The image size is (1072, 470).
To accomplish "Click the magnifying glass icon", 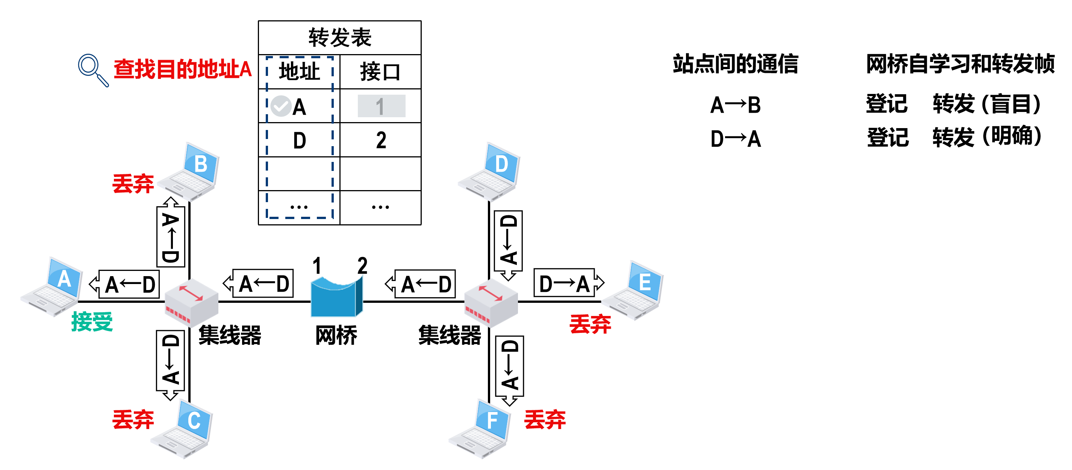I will coord(92,70).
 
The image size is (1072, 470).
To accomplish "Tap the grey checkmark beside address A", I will coord(280,106).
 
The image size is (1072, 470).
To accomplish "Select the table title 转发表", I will coord(339,38).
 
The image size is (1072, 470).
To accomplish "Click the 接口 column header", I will coord(380,71).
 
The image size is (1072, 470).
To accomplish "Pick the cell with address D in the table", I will coord(299,140).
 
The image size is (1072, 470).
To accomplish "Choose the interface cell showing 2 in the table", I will coord(380,140).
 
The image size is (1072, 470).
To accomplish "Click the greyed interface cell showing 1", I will coord(381,106).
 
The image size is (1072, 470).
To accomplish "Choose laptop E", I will coord(634,291).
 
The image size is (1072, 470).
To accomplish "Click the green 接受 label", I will coord(92,322).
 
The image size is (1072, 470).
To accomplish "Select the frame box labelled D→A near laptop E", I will coord(564,283).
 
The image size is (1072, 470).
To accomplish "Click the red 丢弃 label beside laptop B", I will coord(133,183).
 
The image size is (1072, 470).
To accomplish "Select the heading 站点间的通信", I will coord(735,63).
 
